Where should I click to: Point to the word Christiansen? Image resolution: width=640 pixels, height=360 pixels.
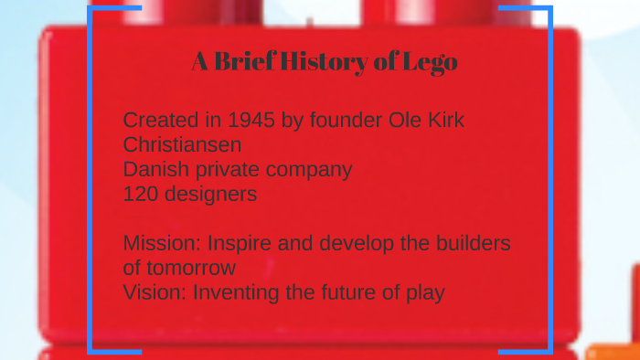click(182, 144)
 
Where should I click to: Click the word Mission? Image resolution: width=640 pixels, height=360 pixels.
click(162, 244)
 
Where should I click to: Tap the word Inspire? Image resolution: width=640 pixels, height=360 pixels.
click(240, 244)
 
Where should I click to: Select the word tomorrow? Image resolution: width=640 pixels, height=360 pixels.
click(191, 269)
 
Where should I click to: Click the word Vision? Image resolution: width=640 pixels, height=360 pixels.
click(155, 293)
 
